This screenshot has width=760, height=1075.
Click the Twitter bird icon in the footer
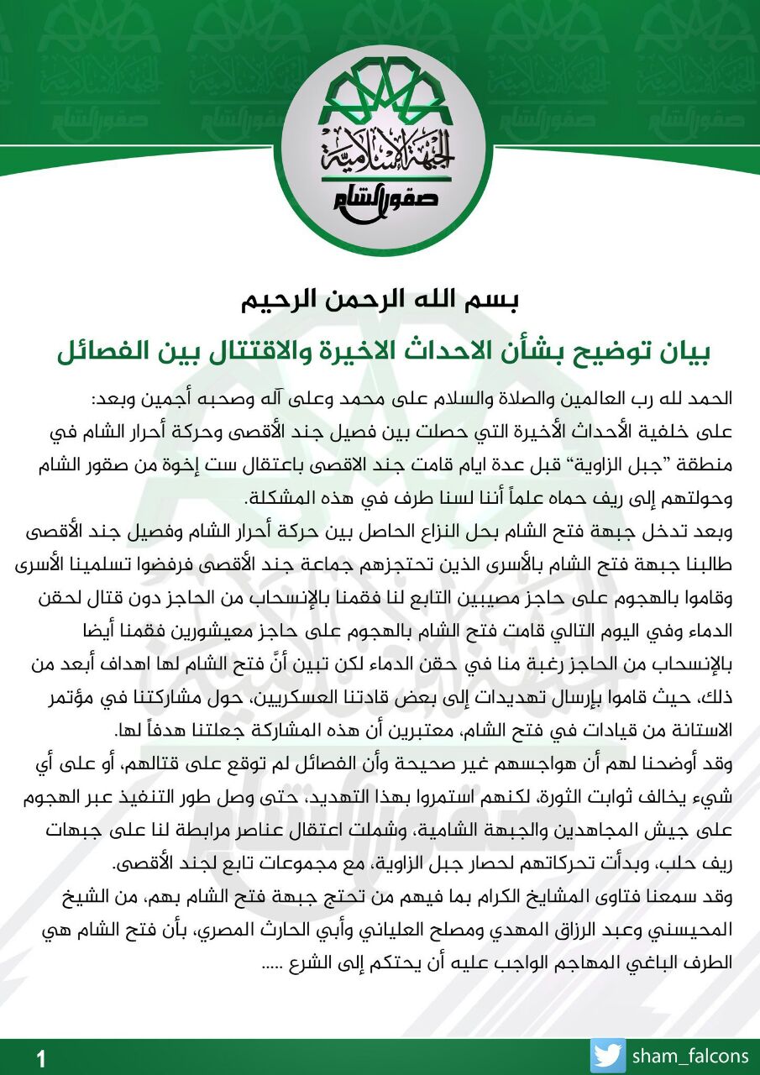(608, 1057)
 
